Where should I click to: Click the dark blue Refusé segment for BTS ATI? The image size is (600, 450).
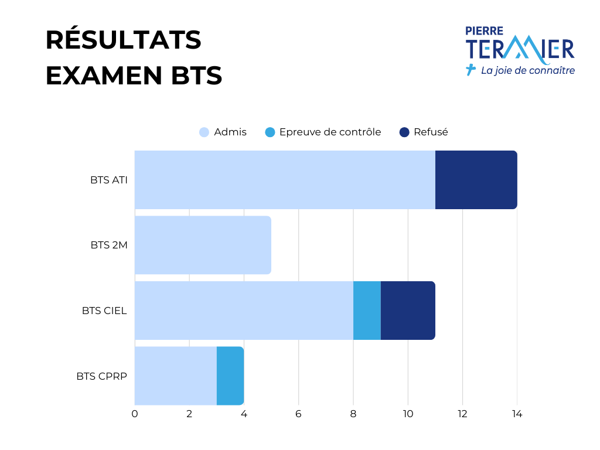click(476, 180)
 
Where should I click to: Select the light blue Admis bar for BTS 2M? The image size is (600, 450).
click(203, 245)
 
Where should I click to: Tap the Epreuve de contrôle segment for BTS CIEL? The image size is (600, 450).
click(367, 311)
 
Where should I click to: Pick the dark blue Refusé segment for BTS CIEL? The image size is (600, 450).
click(408, 311)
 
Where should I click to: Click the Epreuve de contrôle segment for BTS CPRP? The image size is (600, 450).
click(230, 376)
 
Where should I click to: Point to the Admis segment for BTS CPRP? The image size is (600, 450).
click(176, 376)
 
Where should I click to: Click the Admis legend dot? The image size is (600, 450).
click(204, 132)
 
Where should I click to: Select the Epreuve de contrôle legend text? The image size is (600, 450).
click(330, 132)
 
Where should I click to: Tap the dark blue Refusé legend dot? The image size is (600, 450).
click(404, 132)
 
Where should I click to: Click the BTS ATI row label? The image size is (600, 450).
click(108, 180)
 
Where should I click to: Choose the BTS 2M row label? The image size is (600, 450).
click(108, 245)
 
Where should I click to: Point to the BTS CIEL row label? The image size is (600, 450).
click(104, 311)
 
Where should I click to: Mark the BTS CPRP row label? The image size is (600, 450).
click(101, 376)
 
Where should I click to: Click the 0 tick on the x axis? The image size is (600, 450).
click(135, 414)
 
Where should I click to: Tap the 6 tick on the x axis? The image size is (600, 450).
click(298, 414)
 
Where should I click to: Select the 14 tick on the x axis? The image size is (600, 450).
click(517, 414)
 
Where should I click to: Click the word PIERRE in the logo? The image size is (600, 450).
click(484, 31)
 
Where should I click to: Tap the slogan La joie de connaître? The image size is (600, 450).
click(528, 70)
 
